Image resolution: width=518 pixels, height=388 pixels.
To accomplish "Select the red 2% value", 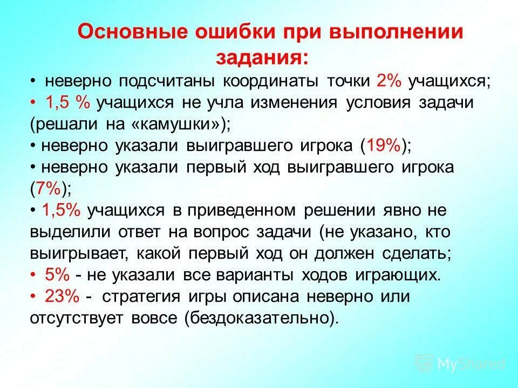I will pyautogui.click(x=389, y=81).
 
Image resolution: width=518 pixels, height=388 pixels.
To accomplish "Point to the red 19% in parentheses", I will pyautogui.click(x=383, y=145).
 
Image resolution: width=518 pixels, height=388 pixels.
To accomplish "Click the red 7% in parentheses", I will pyautogui.click(x=47, y=188).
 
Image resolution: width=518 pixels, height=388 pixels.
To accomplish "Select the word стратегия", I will pyautogui.click(x=145, y=296).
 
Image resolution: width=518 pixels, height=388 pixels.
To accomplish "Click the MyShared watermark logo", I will pyautogui.click(x=460, y=364).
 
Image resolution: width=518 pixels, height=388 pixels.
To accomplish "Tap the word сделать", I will pyautogui.click(x=419, y=253).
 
